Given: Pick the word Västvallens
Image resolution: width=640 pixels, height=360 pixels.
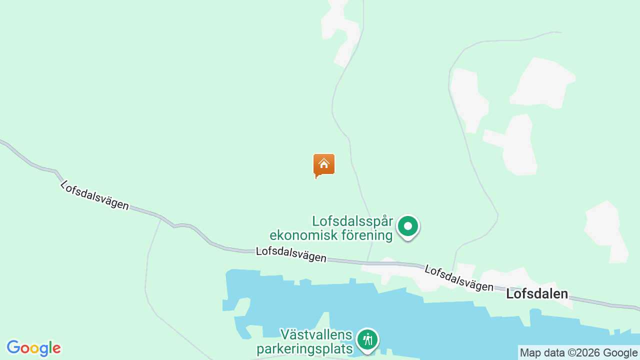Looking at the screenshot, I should (x=316, y=334).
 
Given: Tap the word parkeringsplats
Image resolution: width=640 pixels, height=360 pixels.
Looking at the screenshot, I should (x=304, y=348).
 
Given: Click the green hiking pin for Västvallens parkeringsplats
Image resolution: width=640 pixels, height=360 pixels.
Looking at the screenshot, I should (x=368, y=340).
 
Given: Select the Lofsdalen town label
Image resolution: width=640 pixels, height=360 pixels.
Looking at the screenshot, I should (x=537, y=293).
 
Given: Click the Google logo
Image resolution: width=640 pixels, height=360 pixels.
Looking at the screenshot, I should (x=33, y=348).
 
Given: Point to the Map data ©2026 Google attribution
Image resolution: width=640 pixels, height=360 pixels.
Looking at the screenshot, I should (x=578, y=352).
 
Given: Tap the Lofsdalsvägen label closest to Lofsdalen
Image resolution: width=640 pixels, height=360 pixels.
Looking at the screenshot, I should (x=458, y=278).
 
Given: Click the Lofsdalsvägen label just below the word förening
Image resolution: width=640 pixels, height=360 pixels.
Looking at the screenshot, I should (x=291, y=254).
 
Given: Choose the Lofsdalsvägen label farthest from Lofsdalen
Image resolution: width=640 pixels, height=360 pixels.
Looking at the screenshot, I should (x=94, y=195).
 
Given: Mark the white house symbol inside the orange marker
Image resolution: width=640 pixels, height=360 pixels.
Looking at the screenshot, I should (x=324, y=163).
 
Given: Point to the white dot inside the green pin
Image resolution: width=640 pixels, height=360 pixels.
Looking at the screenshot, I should (x=408, y=226).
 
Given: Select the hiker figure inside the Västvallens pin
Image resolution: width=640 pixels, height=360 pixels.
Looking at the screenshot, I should (x=368, y=339).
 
